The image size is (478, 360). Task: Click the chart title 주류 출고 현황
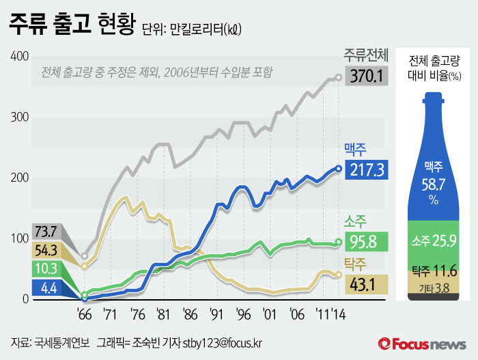[71, 26]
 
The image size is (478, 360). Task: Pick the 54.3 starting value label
[44, 250]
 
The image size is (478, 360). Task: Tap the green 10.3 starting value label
[44, 269]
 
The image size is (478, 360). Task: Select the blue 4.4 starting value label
[44, 288]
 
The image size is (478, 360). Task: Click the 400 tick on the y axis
[19, 56]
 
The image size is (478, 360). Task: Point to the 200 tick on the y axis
[19, 178]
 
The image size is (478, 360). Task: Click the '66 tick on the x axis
[84, 316]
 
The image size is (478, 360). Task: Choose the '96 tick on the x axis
[243, 316]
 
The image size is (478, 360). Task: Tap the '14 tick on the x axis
[337, 316]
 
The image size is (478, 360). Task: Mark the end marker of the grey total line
[339, 77]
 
